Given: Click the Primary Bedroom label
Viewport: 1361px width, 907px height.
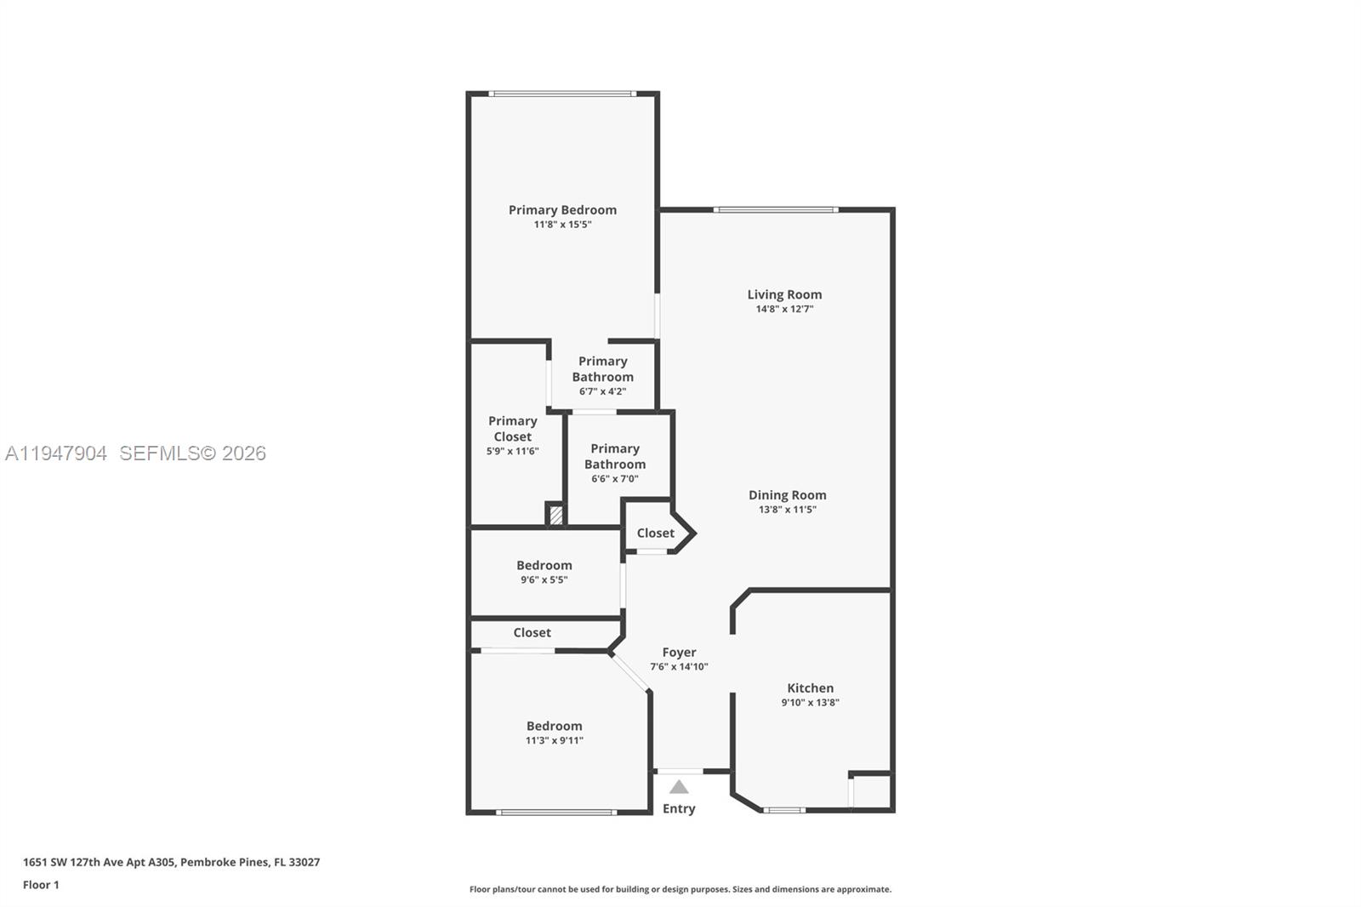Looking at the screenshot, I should [562, 209].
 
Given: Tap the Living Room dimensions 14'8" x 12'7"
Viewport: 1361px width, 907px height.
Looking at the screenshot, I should [784, 309].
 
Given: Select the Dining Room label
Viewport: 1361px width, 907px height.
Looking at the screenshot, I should [787, 494].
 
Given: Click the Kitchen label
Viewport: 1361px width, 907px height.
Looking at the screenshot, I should [810, 687].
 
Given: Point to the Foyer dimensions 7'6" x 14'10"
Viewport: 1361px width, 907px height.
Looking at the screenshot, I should [679, 666].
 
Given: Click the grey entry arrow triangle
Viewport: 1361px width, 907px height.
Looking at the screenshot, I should [678, 787].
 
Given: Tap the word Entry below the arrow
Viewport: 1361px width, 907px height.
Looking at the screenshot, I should [679, 808].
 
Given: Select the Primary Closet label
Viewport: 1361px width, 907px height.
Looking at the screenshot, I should [512, 428].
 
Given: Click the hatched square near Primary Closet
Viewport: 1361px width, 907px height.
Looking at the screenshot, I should [555, 515].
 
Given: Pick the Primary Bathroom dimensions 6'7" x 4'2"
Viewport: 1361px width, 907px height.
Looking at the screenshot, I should [602, 391].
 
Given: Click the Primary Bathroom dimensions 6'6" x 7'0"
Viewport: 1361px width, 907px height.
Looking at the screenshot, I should [614, 478].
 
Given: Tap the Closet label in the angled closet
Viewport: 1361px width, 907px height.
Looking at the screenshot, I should [655, 533].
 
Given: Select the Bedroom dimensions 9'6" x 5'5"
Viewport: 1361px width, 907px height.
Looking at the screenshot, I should [544, 579].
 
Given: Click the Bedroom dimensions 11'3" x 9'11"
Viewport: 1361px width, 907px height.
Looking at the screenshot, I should [554, 740].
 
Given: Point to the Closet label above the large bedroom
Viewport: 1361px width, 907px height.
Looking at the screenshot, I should [532, 632].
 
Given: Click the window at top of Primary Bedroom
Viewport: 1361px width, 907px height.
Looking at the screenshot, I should [561, 94].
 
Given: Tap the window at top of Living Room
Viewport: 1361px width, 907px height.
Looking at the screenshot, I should [776, 209].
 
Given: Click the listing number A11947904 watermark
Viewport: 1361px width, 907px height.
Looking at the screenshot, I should [56, 453].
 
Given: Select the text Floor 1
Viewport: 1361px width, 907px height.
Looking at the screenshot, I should [41, 885].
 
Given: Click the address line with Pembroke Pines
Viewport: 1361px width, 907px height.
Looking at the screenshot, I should [171, 862].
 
